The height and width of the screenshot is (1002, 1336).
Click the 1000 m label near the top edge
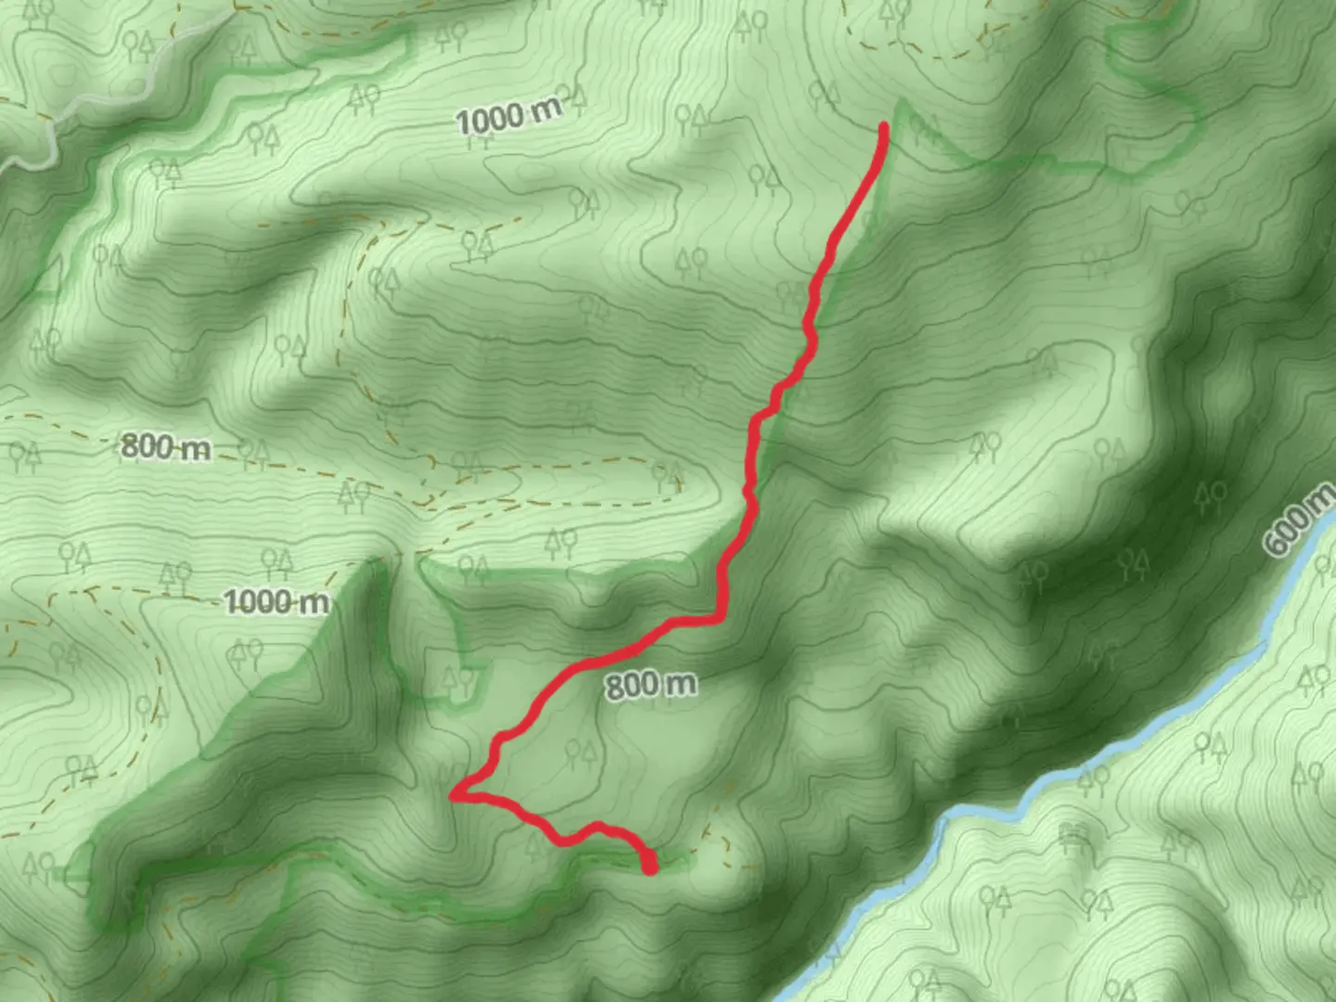[x=508, y=116]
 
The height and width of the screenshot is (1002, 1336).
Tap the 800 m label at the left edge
[x=165, y=447]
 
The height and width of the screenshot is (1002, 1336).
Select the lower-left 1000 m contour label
[x=276, y=602]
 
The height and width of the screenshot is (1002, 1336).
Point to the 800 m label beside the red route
[x=650, y=686]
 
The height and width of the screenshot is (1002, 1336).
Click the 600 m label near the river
[x=1297, y=522]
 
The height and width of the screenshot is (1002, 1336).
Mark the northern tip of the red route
[x=884, y=127]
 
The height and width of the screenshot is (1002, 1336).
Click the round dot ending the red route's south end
[x=650, y=867]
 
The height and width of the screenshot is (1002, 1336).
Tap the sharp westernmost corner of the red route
[x=453, y=795]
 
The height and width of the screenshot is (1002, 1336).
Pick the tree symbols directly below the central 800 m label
[x=581, y=752]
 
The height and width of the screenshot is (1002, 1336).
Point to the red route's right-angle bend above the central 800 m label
[x=719, y=617]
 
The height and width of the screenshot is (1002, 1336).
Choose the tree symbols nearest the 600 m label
[x=1210, y=496]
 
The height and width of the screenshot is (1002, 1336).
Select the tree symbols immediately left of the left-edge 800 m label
[x=24, y=455]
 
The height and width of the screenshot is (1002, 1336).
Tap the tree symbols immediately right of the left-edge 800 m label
[x=252, y=454]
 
